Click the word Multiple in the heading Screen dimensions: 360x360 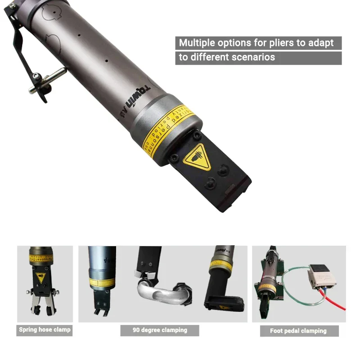(196, 43)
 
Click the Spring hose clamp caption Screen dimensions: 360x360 (45, 330)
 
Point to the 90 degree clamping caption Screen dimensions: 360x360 (160, 330)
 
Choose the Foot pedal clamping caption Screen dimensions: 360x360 (298, 331)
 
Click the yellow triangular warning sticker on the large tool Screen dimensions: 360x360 (197, 157)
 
